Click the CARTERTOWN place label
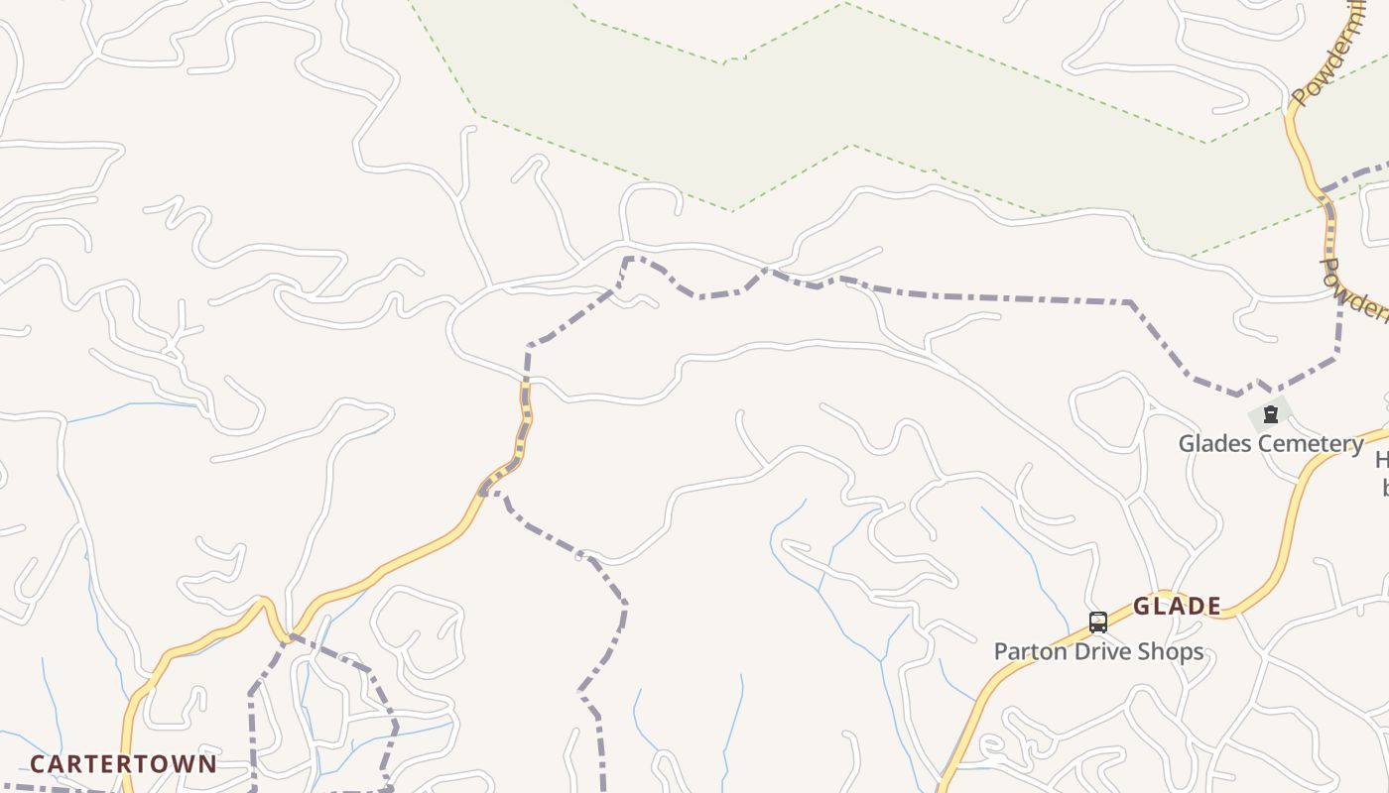pyautogui.click(x=123, y=764)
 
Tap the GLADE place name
pyautogui.click(x=1177, y=607)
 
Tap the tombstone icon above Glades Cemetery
pyautogui.click(x=1270, y=413)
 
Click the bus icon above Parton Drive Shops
pyautogui.click(x=1097, y=623)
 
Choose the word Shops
pyautogui.click(x=1173, y=651)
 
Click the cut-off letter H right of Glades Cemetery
pyautogui.click(x=1382, y=461)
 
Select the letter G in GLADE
pyautogui.click(x=1142, y=607)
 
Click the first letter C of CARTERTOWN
pyautogui.click(x=38, y=764)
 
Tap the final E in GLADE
pyautogui.click(x=1213, y=607)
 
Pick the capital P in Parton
pyautogui.click(x=1000, y=651)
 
